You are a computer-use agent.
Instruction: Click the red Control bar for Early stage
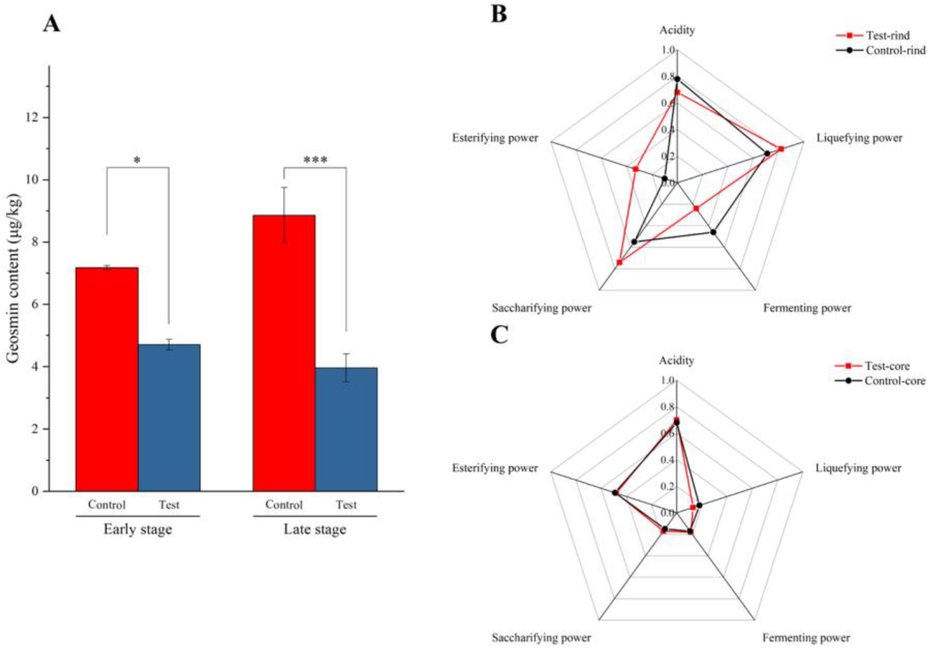click(x=107, y=379)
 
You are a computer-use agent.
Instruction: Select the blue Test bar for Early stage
click(x=169, y=417)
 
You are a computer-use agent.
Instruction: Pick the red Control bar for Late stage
click(x=284, y=353)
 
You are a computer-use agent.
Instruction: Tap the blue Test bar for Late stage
click(x=346, y=429)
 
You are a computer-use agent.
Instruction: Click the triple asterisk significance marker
click(x=315, y=161)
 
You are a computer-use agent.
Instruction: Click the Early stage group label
click(x=138, y=529)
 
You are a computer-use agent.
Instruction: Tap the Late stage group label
click(x=315, y=529)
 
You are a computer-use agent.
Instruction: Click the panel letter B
click(x=499, y=14)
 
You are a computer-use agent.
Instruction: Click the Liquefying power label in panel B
click(x=859, y=138)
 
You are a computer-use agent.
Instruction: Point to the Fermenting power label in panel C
click(x=806, y=638)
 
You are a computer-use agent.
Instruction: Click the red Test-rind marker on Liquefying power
click(x=781, y=149)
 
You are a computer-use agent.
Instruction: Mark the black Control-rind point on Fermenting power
click(x=713, y=232)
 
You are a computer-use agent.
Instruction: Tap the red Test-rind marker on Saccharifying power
click(x=619, y=262)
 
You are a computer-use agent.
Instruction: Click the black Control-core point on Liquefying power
click(x=699, y=505)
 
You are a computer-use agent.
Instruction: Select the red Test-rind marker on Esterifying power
click(x=635, y=169)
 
